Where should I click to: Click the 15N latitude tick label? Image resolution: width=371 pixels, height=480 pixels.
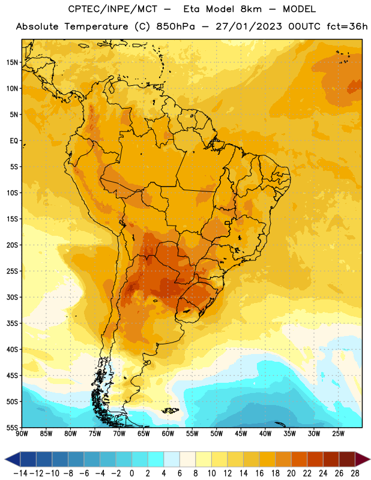click(x=12, y=62)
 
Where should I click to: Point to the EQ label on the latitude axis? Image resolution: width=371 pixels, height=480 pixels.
click(x=14, y=141)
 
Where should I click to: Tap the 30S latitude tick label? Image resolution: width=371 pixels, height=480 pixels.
click(x=12, y=297)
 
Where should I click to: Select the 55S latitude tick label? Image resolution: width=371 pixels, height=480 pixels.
click(x=12, y=428)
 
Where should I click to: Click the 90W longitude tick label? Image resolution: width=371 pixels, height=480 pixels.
click(x=22, y=434)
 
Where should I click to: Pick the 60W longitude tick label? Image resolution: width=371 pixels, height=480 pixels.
click(x=168, y=434)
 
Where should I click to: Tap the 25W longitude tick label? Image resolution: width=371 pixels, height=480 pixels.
click(x=338, y=434)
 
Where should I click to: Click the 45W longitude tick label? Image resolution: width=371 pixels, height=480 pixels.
click(x=241, y=434)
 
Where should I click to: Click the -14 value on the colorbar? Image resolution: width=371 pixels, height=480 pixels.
click(x=20, y=473)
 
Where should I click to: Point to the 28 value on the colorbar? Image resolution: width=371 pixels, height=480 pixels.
click(x=355, y=473)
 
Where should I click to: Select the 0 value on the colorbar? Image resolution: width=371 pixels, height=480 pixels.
click(x=131, y=473)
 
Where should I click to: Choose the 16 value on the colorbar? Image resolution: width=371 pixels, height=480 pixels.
click(x=259, y=473)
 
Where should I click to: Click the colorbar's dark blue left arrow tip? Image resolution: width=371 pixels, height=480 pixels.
click(x=5, y=459)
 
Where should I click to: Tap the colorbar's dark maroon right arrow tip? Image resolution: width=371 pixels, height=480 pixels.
click(x=370, y=459)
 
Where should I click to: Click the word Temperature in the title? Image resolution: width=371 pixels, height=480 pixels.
click(x=96, y=26)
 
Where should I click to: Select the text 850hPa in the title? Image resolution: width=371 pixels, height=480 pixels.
click(x=175, y=26)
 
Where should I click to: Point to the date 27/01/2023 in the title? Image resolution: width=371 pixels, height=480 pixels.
click(x=249, y=26)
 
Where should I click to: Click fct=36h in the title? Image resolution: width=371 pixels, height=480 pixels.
click(x=347, y=26)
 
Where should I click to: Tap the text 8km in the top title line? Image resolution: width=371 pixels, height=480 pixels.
click(x=251, y=9)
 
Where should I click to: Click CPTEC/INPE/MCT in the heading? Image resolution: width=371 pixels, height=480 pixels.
click(x=113, y=9)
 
